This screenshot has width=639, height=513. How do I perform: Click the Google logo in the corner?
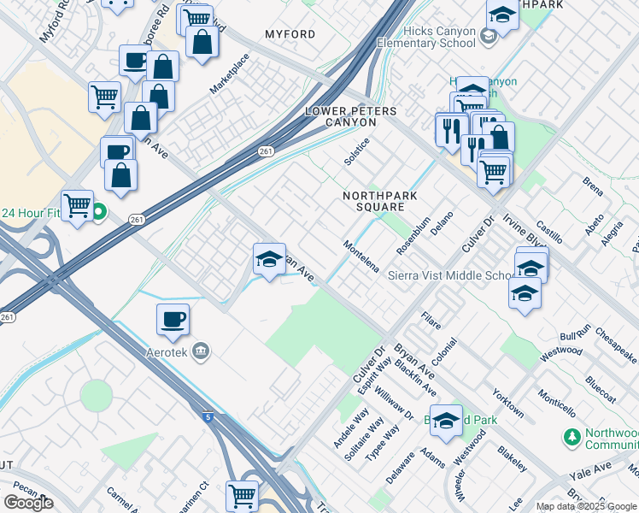coord(29,503)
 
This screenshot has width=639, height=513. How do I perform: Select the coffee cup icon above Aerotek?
coord(173,320)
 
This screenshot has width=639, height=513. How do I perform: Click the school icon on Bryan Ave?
coord(269,260)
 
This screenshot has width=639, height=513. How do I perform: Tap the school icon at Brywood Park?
coord(445,421)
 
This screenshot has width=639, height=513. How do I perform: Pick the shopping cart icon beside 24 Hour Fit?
coord(78,205)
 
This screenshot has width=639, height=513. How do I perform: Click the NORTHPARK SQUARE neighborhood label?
coord(373,201)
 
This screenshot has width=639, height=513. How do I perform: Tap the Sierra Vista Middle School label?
coord(450,276)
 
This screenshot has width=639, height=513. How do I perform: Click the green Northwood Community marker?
coord(572,438)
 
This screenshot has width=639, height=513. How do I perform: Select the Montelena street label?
coord(361,256)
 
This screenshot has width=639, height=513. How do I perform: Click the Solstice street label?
coord(356,151)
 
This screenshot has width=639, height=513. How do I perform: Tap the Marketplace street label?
coord(229,74)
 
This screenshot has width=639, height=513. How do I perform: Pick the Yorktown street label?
coord(507,403)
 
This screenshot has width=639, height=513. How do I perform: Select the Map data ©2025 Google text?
coord(586,506)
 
